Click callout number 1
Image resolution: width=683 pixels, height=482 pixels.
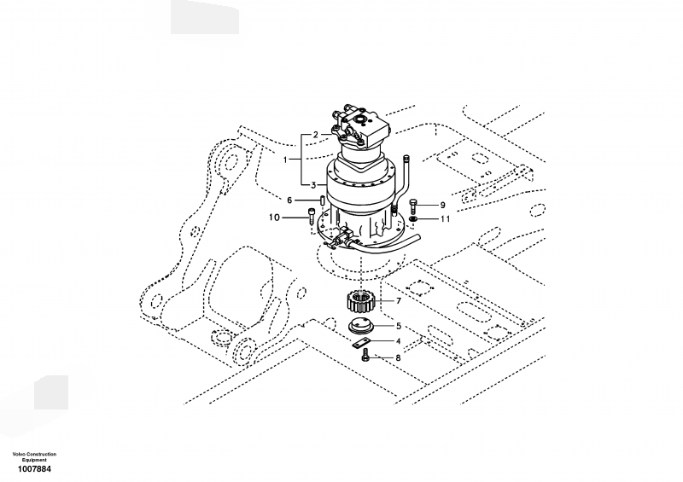coord(285,160)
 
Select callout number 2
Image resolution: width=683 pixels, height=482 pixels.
coord(316,135)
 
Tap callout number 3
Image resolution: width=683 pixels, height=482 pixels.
coord(313,185)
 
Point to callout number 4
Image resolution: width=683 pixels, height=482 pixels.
coord(398,342)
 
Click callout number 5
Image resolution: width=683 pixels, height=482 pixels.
coord(398,326)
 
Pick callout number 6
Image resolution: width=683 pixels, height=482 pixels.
coord(289,200)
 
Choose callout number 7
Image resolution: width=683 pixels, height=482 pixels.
coord(398,301)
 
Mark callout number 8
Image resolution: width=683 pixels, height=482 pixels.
coord(398,358)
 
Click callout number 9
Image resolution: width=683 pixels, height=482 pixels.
coord(442,205)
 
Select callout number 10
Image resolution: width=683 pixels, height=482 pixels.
coord(274,218)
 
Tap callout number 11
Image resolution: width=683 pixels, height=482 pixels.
coord(445,218)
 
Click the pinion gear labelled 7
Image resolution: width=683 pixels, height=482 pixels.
coord(361,302)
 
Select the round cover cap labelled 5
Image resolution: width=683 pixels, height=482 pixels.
coord(361,327)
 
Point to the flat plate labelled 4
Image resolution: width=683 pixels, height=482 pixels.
coord(360,344)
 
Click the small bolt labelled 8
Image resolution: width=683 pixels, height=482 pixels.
coord(366,355)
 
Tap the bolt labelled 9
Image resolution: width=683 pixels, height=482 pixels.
coord(413,206)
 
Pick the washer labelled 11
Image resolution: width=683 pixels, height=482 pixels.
coord(414,218)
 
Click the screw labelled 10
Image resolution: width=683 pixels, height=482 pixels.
coord(311,216)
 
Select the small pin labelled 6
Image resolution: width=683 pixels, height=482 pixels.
coord(323,200)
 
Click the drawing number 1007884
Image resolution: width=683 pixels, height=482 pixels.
coord(34,469)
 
